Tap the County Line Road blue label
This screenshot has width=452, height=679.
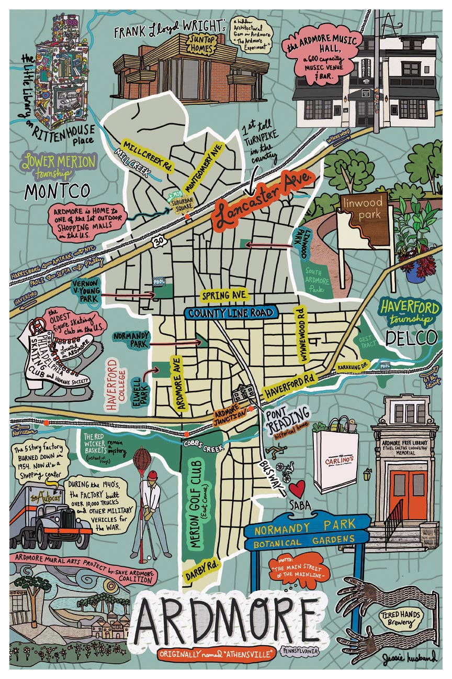[230, 313]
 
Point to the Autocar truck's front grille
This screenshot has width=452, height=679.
[68, 521]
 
